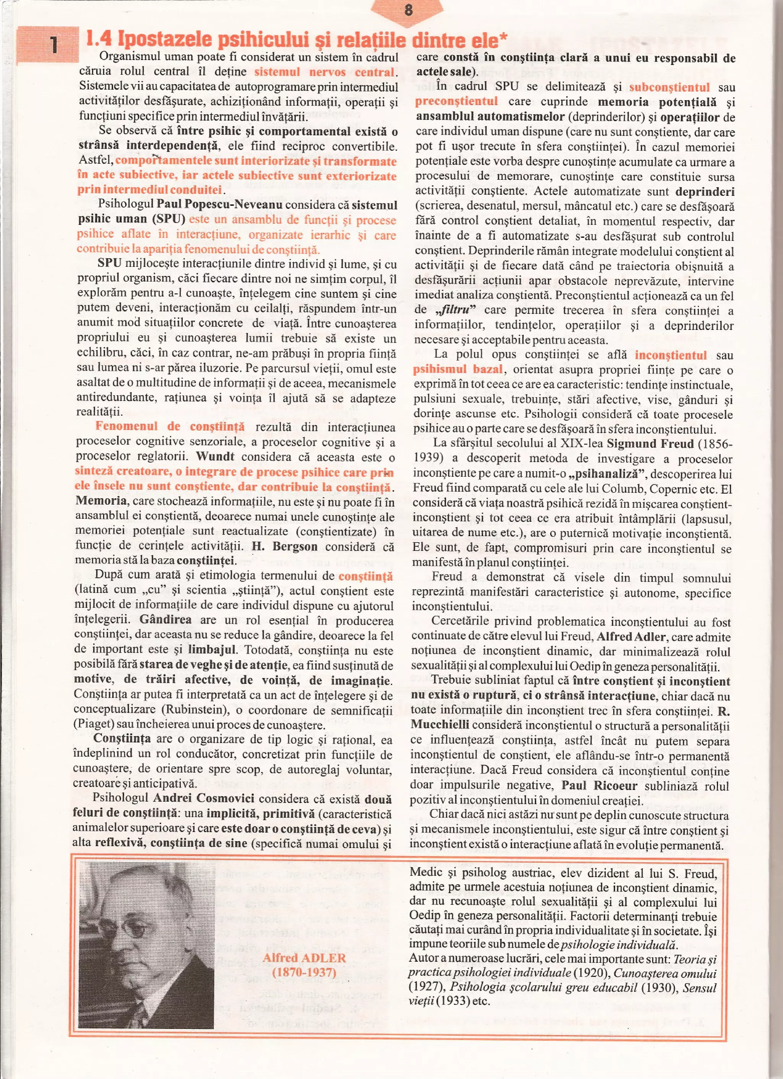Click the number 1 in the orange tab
coord(54,45)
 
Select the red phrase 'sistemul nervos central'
coord(325,72)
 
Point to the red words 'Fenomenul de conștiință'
coord(170,426)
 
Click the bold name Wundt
coord(215,456)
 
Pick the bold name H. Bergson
coord(284,546)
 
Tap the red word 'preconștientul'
coord(456,102)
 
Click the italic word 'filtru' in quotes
coord(456,310)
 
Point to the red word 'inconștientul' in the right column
coord(670,355)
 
